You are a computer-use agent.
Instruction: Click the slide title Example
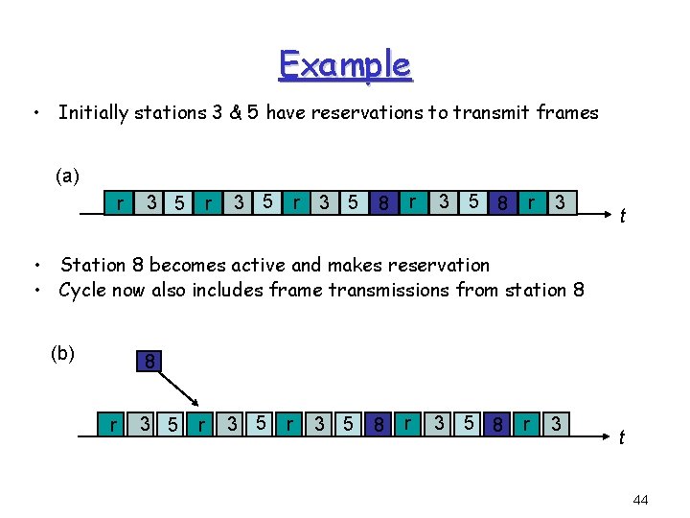(345, 65)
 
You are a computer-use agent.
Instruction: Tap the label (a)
(67, 176)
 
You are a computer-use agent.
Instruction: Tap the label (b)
(62, 353)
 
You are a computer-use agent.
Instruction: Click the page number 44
(641, 500)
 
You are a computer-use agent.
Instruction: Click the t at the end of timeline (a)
(622, 216)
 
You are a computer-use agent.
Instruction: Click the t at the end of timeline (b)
(622, 437)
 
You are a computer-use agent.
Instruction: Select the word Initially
(93, 113)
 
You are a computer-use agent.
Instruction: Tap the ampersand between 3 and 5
(235, 113)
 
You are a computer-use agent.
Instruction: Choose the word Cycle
(84, 290)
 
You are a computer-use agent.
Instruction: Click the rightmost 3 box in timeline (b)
(557, 423)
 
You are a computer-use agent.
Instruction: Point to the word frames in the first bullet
(566, 113)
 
